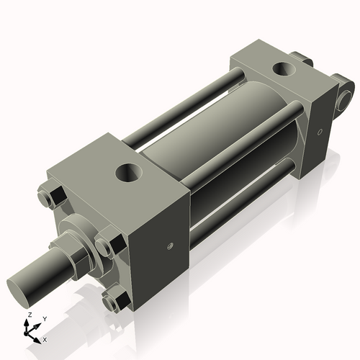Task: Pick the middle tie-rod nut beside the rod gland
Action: coord(107,244)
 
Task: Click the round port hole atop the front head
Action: coord(130,172)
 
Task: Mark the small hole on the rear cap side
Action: coord(318,132)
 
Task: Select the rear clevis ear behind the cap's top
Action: coord(302,61)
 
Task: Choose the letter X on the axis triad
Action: coord(45,338)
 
